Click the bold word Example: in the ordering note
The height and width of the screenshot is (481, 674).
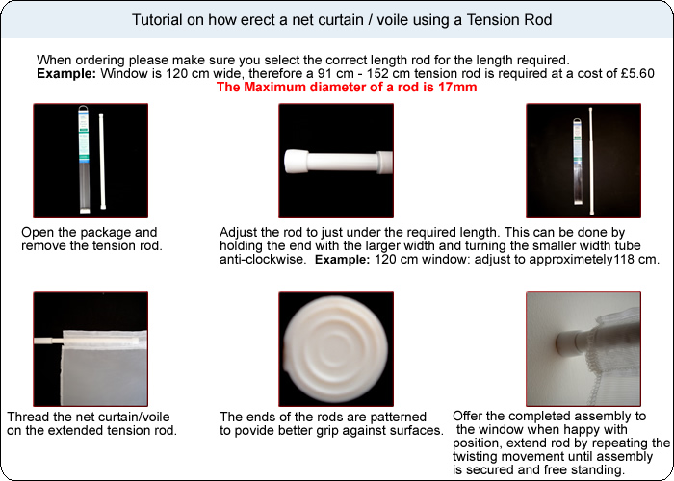[66, 73]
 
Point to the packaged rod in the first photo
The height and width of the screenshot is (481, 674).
[84, 160]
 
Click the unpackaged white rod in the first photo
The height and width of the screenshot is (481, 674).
[102, 161]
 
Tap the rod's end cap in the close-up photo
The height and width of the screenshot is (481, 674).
[296, 162]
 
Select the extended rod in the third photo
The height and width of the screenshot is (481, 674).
[592, 161]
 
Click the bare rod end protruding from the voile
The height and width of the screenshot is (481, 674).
[48, 341]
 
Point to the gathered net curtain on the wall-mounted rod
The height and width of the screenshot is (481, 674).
[615, 357]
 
